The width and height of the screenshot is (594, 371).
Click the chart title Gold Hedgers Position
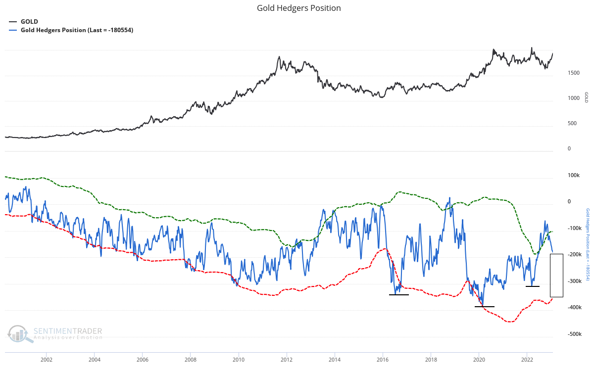[x=298, y=8]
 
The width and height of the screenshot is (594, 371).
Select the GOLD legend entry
[x=29, y=22]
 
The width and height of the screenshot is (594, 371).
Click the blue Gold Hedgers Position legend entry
[x=77, y=30]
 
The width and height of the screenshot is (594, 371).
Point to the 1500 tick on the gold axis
[x=574, y=73]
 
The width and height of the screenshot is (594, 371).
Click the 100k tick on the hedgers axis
[x=574, y=176]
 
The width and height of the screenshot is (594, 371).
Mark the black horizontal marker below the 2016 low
[x=399, y=295]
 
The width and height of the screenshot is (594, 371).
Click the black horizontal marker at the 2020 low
[x=485, y=307]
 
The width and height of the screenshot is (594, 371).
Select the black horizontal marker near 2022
[x=533, y=286]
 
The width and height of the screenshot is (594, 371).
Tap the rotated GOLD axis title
[x=587, y=97]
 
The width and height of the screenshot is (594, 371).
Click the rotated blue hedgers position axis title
[x=588, y=252]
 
